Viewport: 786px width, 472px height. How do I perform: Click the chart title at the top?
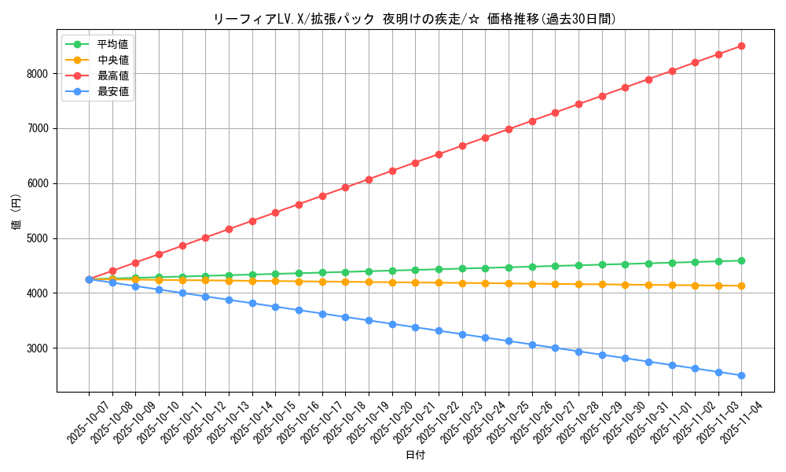(x=415, y=19)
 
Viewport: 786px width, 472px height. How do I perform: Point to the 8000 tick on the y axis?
(x=38, y=74)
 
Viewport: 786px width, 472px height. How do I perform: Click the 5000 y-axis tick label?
(x=38, y=238)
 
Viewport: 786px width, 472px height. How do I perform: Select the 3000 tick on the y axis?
(x=38, y=348)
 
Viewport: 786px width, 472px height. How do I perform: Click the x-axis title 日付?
(x=415, y=455)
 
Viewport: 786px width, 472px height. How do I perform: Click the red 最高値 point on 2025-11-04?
(x=741, y=46)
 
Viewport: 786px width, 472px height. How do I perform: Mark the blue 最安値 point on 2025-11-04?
(x=741, y=375)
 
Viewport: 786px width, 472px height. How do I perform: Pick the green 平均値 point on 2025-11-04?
(x=741, y=260)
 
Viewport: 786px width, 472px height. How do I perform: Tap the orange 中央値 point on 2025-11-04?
(x=741, y=286)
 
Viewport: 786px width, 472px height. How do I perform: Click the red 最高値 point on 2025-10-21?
(x=415, y=163)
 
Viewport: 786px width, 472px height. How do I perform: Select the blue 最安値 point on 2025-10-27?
(x=555, y=348)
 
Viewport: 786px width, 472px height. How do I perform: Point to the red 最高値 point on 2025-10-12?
(x=205, y=238)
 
